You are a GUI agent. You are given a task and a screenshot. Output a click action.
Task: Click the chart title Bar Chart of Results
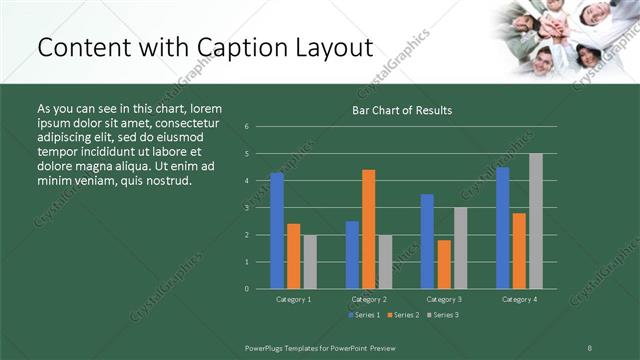pyautogui.click(x=401, y=110)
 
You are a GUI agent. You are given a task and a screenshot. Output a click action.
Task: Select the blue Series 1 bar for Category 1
pyautogui.click(x=277, y=230)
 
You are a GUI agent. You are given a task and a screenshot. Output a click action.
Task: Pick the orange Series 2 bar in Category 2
pyautogui.click(x=369, y=229)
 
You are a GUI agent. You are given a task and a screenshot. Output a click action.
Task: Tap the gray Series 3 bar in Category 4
pyautogui.click(x=536, y=221)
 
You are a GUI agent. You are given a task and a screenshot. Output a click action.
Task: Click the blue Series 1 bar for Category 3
pyautogui.click(x=427, y=241)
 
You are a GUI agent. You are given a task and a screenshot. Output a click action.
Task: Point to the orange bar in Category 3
pyautogui.click(x=444, y=264)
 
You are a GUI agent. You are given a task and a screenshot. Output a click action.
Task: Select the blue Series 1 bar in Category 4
pyautogui.click(x=502, y=228)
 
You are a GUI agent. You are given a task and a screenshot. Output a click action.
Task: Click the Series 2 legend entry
pyautogui.click(x=404, y=315)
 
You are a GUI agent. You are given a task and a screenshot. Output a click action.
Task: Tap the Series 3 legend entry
pyautogui.click(x=445, y=315)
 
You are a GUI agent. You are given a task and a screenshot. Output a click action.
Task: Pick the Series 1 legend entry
pyautogui.click(x=363, y=315)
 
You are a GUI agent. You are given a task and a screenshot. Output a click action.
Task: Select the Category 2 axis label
pyautogui.click(x=368, y=299)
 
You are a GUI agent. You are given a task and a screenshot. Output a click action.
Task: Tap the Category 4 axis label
pyautogui.click(x=518, y=299)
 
